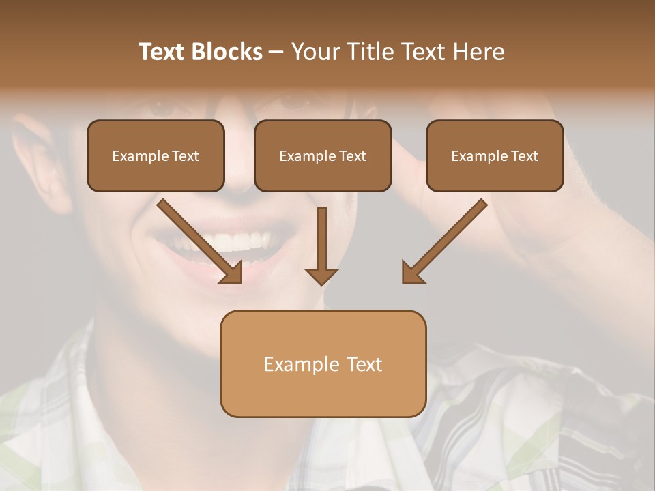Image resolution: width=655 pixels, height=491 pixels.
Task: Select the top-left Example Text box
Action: (156, 155)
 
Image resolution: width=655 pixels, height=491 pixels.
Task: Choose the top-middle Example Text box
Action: (323, 155)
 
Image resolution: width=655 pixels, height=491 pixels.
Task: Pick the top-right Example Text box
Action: (495, 155)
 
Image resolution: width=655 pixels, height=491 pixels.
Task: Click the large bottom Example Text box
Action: (323, 363)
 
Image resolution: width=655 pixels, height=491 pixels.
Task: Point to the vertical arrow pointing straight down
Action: (321, 242)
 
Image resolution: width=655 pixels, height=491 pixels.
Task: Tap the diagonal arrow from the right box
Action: (447, 239)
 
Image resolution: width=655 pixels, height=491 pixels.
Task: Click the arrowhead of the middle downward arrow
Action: (321, 276)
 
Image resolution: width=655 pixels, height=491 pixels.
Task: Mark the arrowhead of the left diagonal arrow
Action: (232, 273)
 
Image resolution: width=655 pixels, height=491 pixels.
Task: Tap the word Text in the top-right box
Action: (524, 156)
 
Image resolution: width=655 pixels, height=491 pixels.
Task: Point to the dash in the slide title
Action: (276, 52)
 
